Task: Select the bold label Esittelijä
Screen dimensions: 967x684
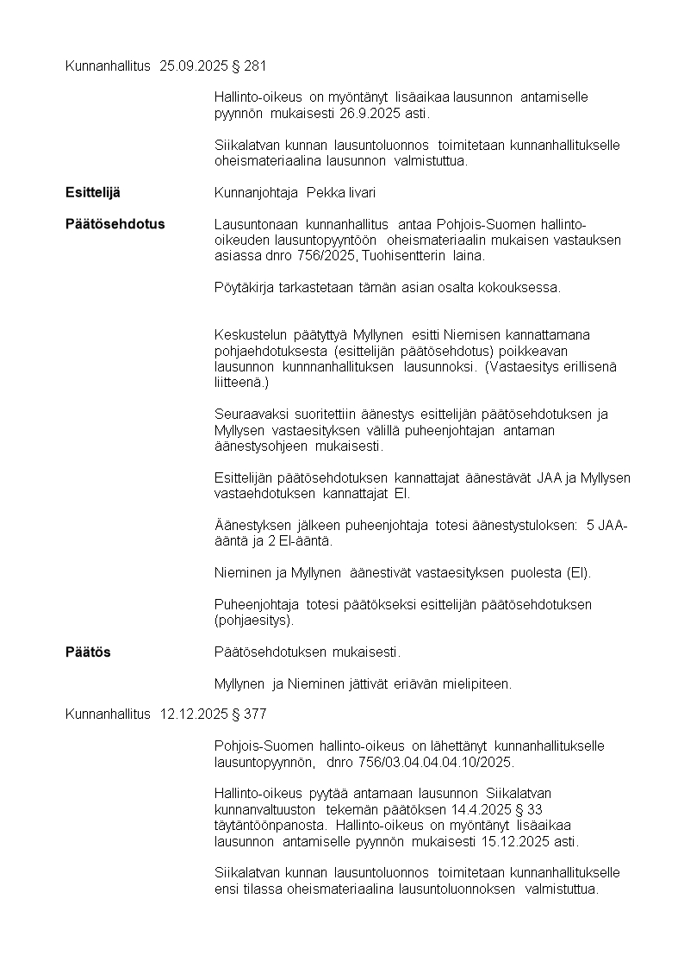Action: pos(93,192)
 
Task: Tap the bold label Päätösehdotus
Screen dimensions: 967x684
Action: pos(115,224)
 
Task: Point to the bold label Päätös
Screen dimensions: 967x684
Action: pos(88,652)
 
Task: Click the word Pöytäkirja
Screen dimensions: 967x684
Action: pos(242,287)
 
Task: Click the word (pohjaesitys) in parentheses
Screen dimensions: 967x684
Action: pos(253,620)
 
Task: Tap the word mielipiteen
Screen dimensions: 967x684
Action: pos(478,683)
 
